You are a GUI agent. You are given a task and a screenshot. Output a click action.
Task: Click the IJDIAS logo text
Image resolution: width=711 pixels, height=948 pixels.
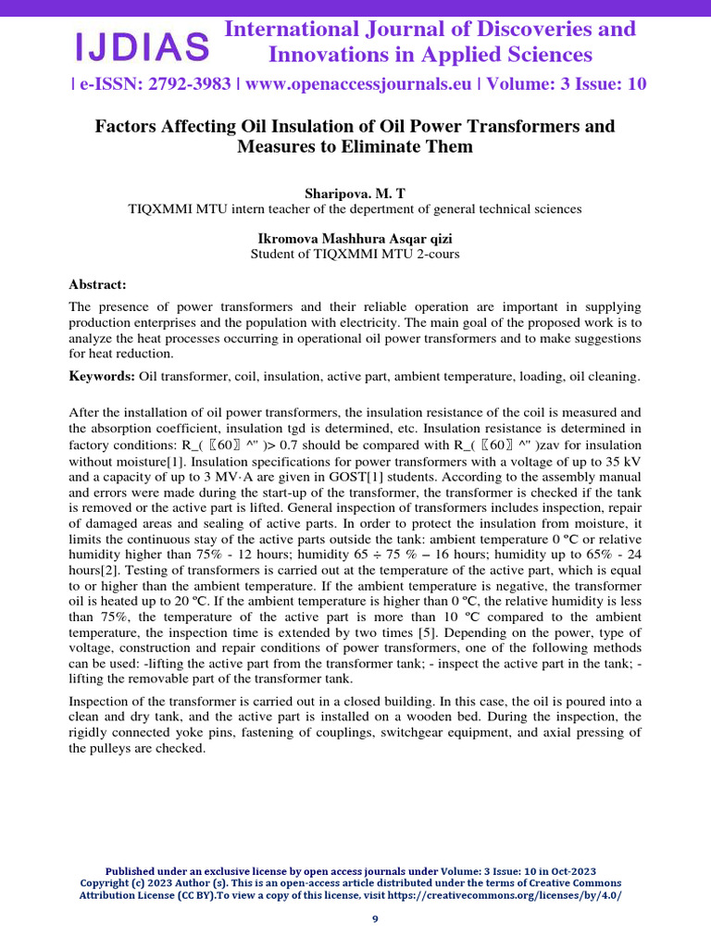142,44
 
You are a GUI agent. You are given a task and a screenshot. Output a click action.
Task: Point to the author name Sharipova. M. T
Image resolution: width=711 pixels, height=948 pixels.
355,193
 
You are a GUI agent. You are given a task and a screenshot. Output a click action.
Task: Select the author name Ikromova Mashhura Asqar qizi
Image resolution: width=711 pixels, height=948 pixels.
355,238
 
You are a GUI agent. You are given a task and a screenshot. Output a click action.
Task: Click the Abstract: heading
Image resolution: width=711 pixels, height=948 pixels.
98,284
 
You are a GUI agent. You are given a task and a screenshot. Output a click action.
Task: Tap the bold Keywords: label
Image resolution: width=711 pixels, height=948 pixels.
102,376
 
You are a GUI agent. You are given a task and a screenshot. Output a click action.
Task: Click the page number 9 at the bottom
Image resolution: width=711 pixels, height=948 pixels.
375,918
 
